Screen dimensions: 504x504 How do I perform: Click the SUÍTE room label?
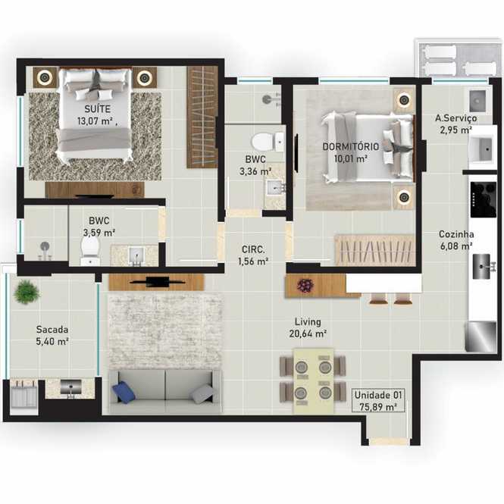point(98,108)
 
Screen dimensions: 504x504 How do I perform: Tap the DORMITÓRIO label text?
point(351,146)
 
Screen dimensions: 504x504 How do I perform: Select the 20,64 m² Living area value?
point(308,333)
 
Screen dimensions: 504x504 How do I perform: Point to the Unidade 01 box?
point(378,400)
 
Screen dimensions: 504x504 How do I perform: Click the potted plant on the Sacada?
point(27,292)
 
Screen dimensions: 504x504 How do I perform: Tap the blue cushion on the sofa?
point(124,392)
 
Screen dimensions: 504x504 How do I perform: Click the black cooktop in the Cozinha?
point(483,199)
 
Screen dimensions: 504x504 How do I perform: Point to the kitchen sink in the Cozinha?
point(482,267)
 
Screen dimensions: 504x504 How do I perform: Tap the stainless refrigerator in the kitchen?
point(481,337)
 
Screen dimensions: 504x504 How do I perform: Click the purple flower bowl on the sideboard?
point(305,286)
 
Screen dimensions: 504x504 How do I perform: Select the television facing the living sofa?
point(157,282)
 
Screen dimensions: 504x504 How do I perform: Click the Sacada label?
point(52,330)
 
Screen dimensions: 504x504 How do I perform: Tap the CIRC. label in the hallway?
point(253,249)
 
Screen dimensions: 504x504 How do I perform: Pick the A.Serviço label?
point(456,118)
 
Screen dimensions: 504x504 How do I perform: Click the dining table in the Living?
point(313,380)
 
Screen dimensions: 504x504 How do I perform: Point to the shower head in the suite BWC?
point(45,247)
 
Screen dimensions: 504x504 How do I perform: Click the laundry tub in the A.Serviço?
point(481,149)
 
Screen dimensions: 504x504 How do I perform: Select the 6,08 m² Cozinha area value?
point(456,246)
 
